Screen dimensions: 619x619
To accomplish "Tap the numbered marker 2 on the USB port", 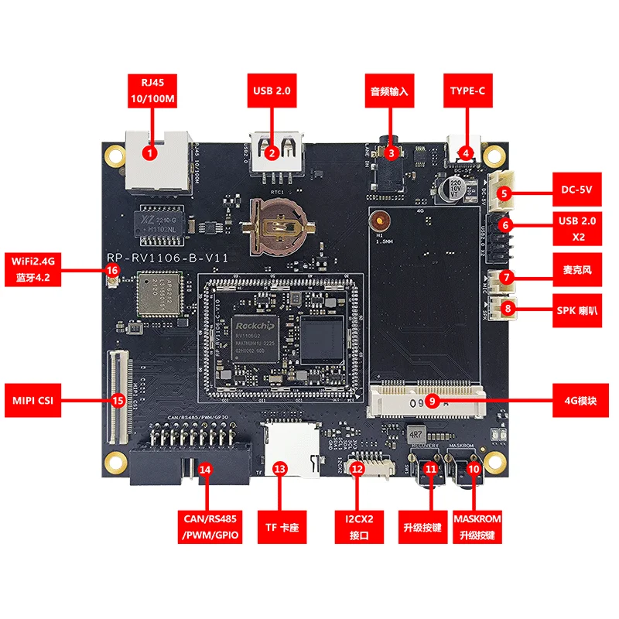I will tap(272, 153).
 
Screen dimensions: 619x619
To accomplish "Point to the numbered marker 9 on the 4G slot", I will tap(433, 401).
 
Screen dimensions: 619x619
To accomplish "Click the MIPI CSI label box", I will tap(32, 400).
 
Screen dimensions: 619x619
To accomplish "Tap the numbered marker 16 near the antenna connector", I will tap(113, 270).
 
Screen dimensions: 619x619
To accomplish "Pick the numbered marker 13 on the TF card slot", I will tap(280, 469).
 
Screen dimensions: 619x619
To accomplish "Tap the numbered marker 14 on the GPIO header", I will tap(205, 469).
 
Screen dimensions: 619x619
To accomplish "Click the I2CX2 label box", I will tap(357, 525).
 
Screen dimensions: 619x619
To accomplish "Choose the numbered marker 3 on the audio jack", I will tap(391, 153).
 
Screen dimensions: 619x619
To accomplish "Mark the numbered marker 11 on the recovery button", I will tap(431, 469).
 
